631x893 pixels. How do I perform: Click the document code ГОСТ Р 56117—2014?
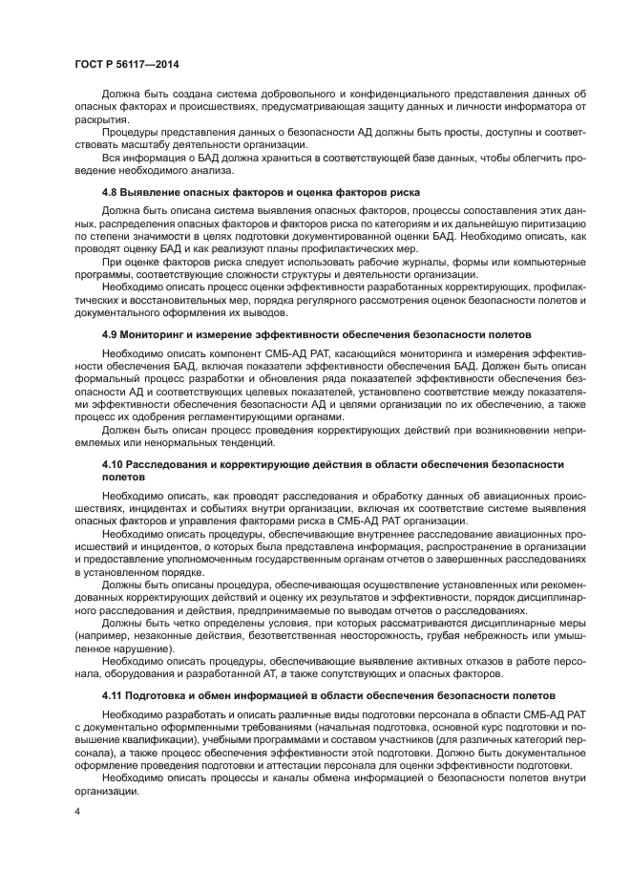pos(126,64)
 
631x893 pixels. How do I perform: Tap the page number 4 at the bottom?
pos(77,812)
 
